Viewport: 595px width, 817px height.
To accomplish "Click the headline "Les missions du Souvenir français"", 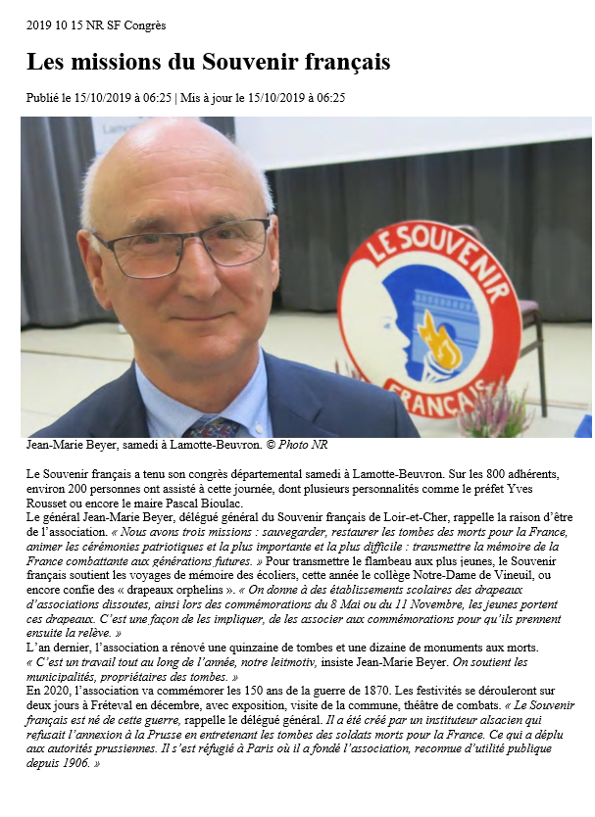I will (x=208, y=62).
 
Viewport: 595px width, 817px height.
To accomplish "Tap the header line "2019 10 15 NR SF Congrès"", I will (x=96, y=24).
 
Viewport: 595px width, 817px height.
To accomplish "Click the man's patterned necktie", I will (x=211, y=427).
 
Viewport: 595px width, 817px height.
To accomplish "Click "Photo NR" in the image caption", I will (x=303, y=445).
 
